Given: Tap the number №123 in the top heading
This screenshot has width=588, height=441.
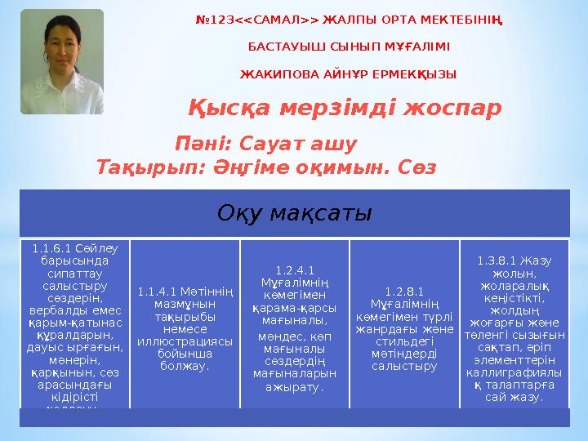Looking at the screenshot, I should pos(214,20).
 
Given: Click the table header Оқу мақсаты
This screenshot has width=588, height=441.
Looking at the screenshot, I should pos(294,213).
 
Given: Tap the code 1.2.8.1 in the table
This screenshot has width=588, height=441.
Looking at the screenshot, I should pos(404,291).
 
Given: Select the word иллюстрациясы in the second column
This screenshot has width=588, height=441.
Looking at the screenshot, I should pos(185,343).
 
